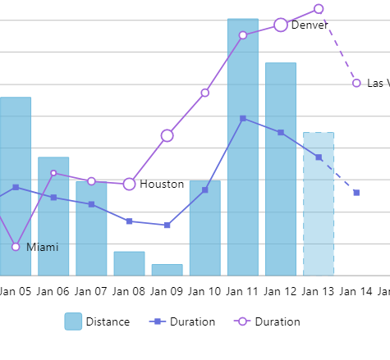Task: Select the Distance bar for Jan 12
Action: click(280, 169)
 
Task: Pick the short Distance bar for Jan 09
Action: click(167, 270)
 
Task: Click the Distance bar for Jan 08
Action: click(129, 263)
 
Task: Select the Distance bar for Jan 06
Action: click(53, 216)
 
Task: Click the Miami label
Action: click(42, 247)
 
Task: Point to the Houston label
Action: click(162, 185)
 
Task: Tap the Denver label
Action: click(310, 25)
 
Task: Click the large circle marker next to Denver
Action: click(281, 25)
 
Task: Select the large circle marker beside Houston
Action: click(129, 184)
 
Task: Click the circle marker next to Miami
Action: click(16, 247)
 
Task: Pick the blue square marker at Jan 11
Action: click(243, 119)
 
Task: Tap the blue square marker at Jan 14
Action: click(356, 193)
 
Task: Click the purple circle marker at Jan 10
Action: click(204, 93)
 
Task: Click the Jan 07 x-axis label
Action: click(91, 291)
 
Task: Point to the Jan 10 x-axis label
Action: click(204, 291)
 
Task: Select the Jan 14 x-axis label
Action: click(356, 291)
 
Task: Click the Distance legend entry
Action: click(97, 321)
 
